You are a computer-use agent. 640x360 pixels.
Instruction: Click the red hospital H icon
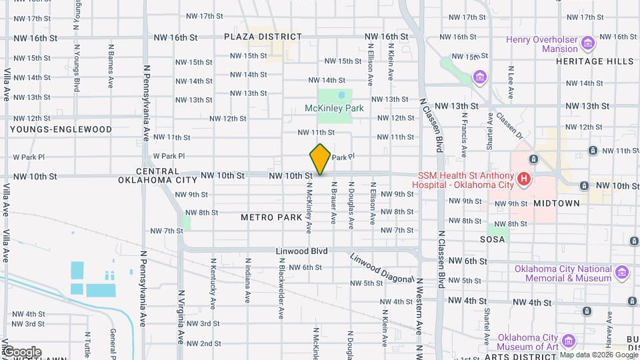coord(524,179)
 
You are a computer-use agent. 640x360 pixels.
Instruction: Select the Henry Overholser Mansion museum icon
coord(587,44)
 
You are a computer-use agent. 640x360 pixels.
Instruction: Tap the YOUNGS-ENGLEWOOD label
coord(61,129)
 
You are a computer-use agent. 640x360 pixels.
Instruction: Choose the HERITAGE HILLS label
coord(595,61)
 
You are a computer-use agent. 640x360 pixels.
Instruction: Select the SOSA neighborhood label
coord(493,238)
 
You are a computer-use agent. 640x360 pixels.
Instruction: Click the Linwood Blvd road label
coord(301,251)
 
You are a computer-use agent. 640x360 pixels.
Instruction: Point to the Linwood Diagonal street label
coord(381,267)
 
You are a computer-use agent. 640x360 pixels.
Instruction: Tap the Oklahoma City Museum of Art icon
coord(569,341)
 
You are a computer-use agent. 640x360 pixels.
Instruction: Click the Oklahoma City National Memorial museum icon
coord(622,273)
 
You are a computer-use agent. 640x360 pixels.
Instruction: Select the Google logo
coord(22,351)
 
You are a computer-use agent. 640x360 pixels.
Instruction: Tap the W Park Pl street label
coord(169,157)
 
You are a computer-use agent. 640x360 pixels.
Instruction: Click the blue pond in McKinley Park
coord(341,95)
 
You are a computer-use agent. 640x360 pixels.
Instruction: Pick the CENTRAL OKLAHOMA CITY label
coord(157,175)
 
